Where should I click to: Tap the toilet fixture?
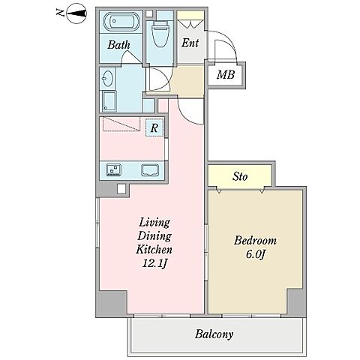pos(160,34)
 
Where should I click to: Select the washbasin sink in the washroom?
pos(107,78)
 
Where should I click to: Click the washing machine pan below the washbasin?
pos(109,101)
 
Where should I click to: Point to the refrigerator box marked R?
pos(154,127)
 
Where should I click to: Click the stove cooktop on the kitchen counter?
pos(114,170)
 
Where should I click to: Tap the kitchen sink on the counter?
pos(150,170)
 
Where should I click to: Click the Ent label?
pos(190,43)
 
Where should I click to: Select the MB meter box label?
pos(226,74)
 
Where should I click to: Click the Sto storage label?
pos(240,176)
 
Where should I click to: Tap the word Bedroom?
pos(255,241)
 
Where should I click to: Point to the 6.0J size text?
pos(255,254)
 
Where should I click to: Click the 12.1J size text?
pos(154,263)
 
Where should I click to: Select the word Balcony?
pos(214,334)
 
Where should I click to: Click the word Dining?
pos(154,236)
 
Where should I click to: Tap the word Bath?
pos(118,45)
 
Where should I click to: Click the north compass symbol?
pos(76,13)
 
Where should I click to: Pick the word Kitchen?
pos(154,250)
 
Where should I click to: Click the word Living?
pos(154,223)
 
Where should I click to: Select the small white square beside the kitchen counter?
pos(121,189)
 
